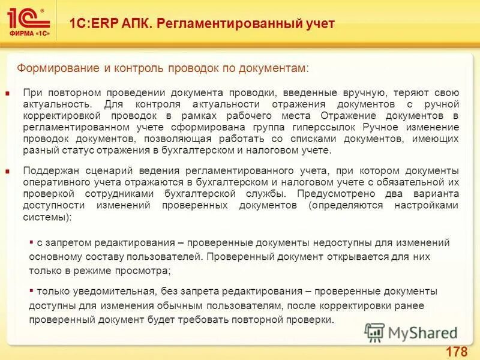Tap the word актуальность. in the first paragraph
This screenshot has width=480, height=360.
tap(50, 105)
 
